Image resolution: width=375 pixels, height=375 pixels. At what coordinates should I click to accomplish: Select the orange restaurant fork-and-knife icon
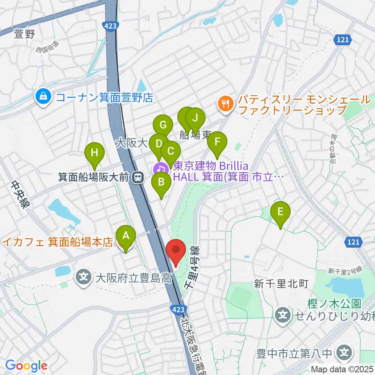coord(225,104)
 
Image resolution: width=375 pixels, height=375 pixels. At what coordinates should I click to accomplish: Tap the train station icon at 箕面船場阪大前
coord(137,178)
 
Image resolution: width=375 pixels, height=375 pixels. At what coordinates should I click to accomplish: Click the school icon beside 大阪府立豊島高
coord(83,278)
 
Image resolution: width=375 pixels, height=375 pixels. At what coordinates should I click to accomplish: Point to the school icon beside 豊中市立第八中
coord(344,353)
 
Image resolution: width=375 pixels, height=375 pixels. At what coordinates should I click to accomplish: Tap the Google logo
coord(26,366)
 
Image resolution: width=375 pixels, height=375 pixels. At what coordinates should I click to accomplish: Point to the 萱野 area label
coord(24,34)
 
